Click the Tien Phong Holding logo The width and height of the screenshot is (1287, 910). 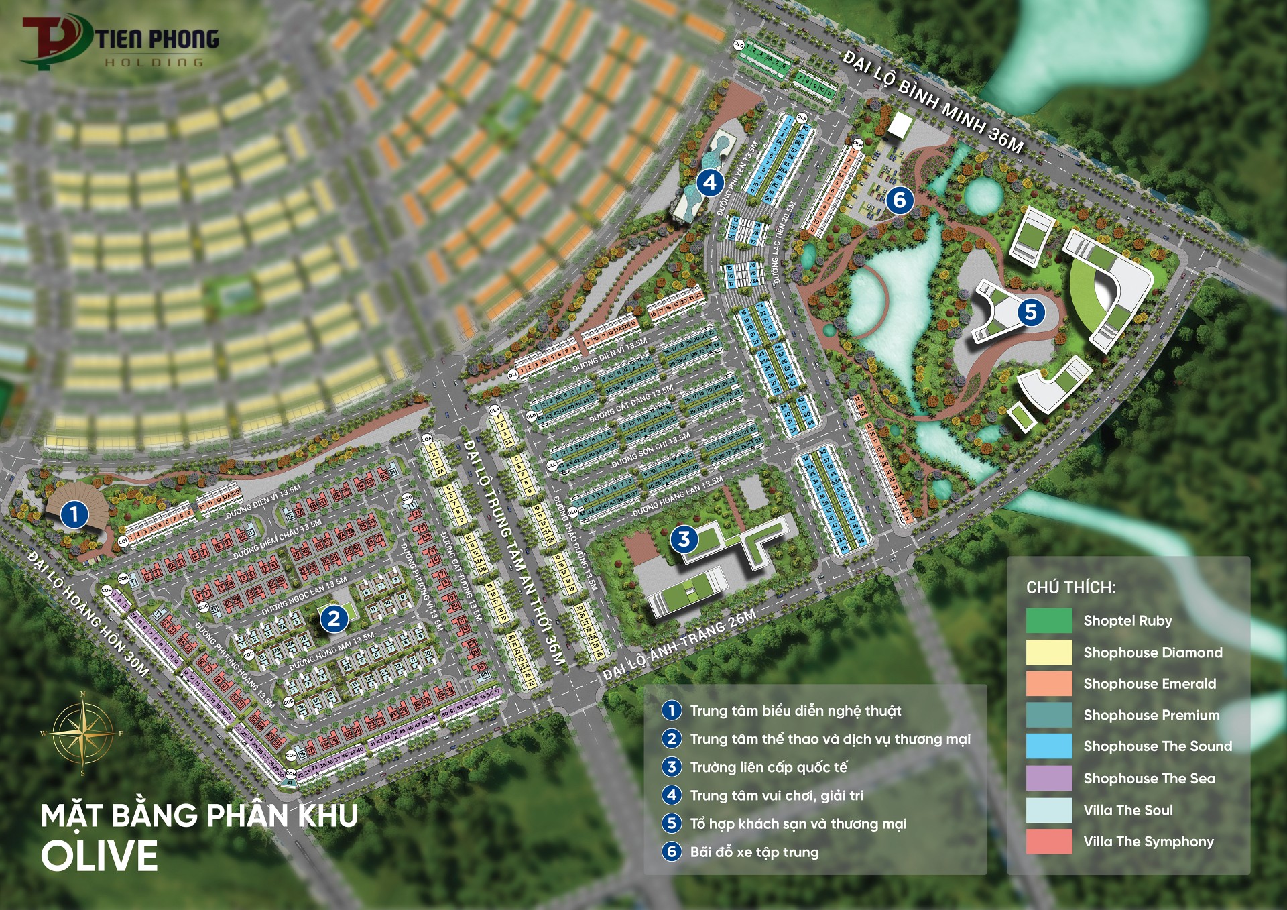click(x=121, y=42)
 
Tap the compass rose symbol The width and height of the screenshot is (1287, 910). click(x=83, y=734)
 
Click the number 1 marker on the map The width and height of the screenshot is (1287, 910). click(x=74, y=514)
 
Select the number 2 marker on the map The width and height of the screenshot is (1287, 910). click(x=334, y=618)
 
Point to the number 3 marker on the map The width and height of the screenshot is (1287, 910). click(x=684, y=538)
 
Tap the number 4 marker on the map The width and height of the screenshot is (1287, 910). click(x=710, y=182)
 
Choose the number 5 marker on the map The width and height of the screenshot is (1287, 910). click(x=1031, y=312)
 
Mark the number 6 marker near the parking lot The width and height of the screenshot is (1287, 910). click(x=900, y=199)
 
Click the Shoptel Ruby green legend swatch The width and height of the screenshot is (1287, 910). click(x=1049, y=620)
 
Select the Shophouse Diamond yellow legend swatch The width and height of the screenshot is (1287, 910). click(x=1049, y=652)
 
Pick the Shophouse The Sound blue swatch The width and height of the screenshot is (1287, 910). click(x=1049, y=746)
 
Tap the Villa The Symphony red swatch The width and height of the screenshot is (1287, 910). click(x=1049, y=842)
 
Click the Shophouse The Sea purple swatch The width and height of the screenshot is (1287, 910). click(x=1049, y=778)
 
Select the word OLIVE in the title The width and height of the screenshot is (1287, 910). click(x=99, y=856)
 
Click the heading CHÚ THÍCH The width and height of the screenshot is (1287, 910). click(x=1070, y=588)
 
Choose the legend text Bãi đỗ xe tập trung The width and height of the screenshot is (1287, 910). click(x=754, y=852)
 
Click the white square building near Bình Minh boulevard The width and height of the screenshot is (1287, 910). click(x=900, y=125)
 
